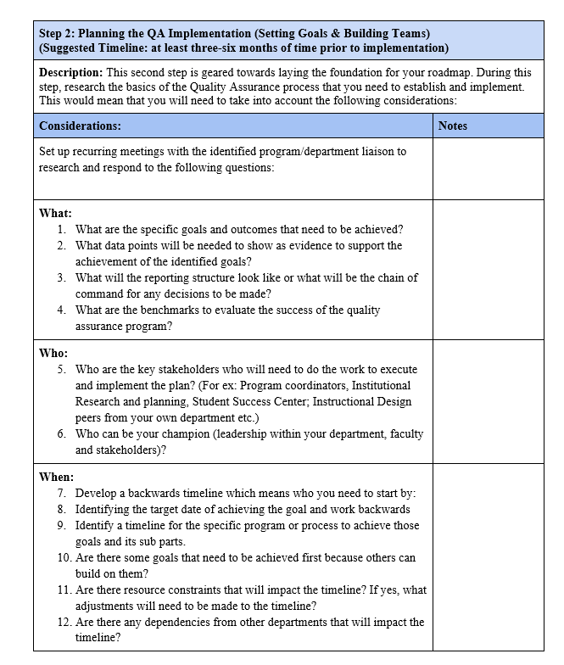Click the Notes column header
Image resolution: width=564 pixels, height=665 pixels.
click(453, 126)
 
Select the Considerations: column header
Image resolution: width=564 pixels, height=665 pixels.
click(80, 126)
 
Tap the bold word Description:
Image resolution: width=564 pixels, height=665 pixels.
click(71, 73)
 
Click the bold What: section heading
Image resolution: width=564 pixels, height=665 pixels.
click(55, 213)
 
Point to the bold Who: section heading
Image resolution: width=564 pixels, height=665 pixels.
click(53, 353)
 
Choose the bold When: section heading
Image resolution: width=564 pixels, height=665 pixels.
click(57, 477)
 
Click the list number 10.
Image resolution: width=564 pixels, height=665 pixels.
click(64, 557)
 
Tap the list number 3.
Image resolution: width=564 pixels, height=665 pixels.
click(62, 277)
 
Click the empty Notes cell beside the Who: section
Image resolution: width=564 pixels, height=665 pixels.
click(489, 400)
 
